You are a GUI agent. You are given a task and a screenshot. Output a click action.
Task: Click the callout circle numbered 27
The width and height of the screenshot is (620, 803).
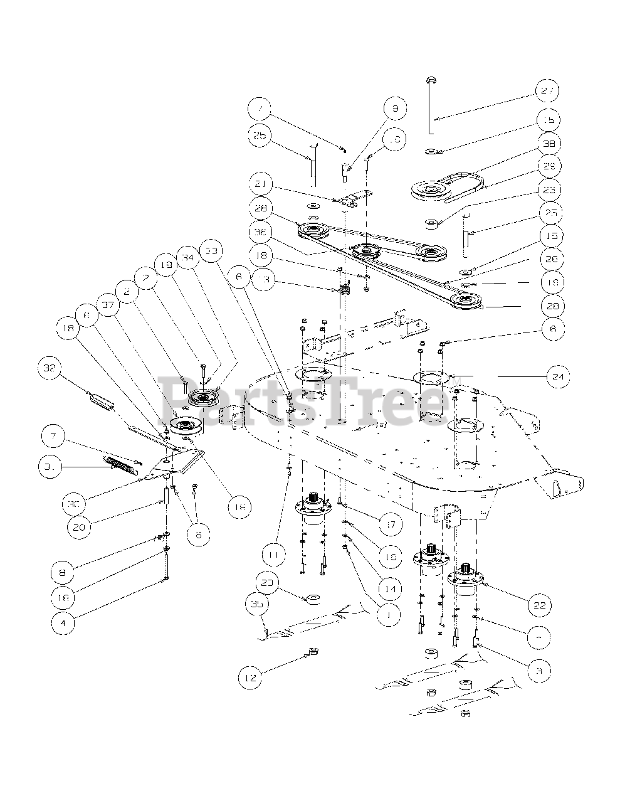pyautogui.click(x=547, y=91)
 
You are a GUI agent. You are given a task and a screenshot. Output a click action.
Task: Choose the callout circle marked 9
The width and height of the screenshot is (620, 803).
pyautogui.click(x=394, y=109)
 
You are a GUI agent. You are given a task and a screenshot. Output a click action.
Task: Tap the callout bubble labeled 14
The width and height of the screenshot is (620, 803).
pyautogui.click(x=390, y=589)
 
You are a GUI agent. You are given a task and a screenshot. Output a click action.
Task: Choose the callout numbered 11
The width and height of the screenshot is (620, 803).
pyautogui.click(x=274, y=555)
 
